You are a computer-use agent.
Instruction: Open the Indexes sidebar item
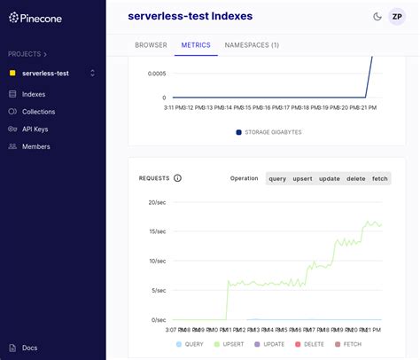point(33,93)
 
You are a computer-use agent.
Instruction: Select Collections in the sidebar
point(38,111)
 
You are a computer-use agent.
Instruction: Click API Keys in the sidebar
point(36,129)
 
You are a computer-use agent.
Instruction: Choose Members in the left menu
point(35,146)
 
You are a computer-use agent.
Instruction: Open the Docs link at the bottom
point(29,348)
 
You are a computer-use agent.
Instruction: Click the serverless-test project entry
point(46,73)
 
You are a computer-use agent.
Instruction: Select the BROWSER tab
point(151,44)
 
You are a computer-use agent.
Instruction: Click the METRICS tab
point(196,44)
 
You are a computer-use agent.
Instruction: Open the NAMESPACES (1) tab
point(252,44)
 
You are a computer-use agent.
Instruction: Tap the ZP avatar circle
point(397,16)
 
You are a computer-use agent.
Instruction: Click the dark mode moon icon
point(377,16)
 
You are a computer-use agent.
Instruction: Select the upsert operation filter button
point(303,178)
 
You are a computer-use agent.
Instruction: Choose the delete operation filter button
point(355,178)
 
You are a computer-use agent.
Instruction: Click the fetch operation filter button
point(380,178)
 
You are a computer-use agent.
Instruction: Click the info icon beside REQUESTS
point(177,178)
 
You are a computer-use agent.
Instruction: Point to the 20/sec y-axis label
point(156,202)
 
